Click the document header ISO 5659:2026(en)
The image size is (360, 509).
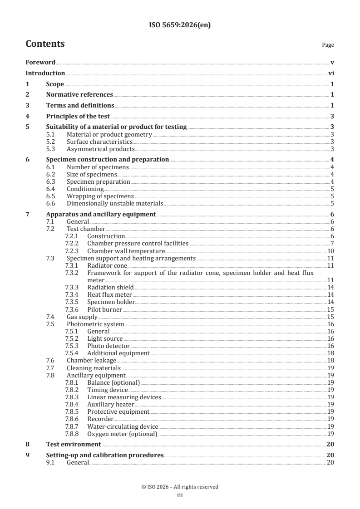[180, 25]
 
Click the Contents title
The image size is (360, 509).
[45, 44]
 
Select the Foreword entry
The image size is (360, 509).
[40, 62]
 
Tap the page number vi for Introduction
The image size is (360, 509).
[331, 73]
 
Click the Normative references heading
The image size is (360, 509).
[79, 95]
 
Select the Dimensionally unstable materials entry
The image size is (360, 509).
[114, 204]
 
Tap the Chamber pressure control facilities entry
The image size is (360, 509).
[138, 244]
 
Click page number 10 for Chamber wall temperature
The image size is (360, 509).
[330, 251]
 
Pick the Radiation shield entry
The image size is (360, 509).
[110, 287]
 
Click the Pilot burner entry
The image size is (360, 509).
[104, 309]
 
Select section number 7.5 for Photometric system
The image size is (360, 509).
[51, 324]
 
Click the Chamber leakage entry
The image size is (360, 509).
[88, 360]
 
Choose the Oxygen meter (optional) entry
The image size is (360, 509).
[122, 434]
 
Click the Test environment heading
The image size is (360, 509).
[74, 445]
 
